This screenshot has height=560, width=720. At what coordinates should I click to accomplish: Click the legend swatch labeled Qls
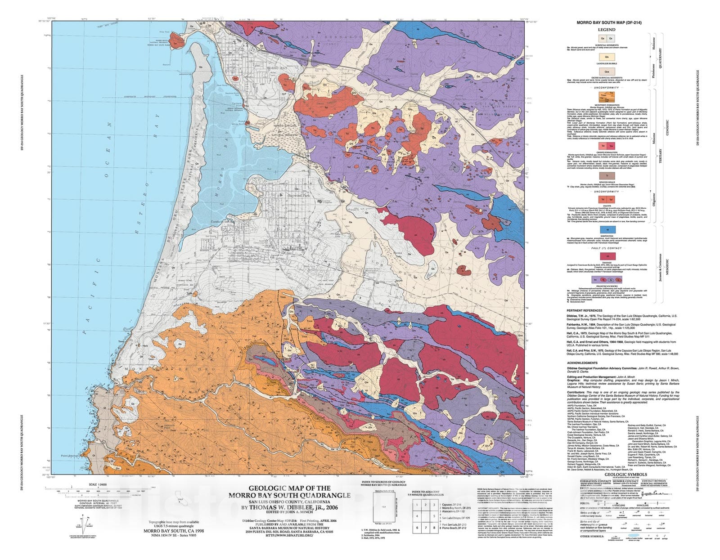[607, 57]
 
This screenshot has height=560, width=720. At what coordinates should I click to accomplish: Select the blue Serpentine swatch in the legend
[607, 229]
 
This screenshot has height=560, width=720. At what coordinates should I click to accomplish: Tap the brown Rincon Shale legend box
[607, 175]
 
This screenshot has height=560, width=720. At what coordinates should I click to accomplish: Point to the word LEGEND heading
[607, 30]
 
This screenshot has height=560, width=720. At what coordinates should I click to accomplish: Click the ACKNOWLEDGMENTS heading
[582, 363]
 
